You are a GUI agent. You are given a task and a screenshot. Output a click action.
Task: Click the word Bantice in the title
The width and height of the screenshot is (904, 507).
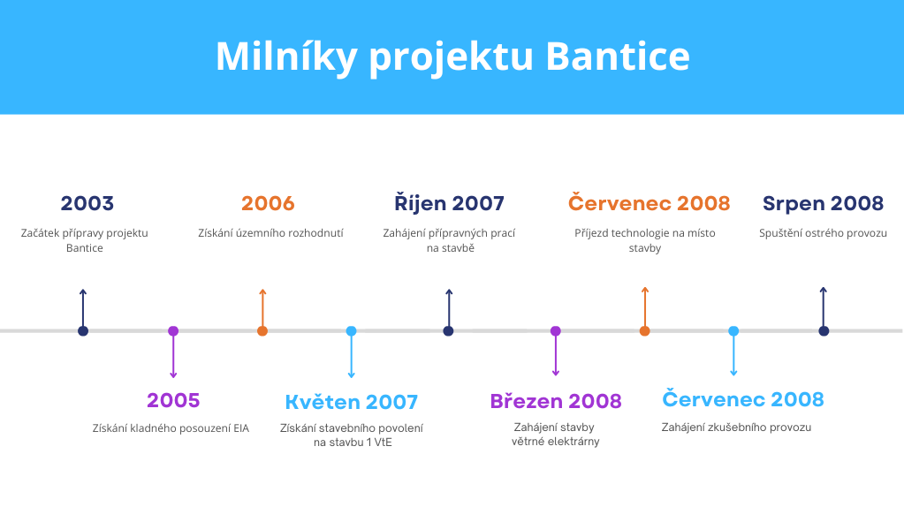pyautogui.click(x=618, y=56)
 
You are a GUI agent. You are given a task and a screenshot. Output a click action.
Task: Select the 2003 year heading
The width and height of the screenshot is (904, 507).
pyautogui.click(x=87, y=203)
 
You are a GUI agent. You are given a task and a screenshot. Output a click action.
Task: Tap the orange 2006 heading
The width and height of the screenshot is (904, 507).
pyautogui.click(x=268, y=203)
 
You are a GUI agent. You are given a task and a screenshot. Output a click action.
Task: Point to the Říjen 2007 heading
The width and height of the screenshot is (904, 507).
pyautogui.click(x=449, y=203)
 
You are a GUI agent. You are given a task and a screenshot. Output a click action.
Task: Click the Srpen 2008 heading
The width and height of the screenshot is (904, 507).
pyautogui.click(x=823, y=203)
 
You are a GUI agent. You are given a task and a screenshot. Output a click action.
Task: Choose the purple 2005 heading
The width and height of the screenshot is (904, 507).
pyautogui.click(x=173, y=400)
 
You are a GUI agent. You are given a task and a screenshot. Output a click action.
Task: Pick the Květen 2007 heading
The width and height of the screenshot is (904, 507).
pyautogui.click(x=351, y=402)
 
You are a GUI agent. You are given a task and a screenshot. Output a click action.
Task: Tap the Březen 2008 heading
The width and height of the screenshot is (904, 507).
pyautogui.click(x=556, y=400)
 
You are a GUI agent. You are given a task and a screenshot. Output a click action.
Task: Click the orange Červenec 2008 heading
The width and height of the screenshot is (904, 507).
pyautogui.click(x=650, y=203)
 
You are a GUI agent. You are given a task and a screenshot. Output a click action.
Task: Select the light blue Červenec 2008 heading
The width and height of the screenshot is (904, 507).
pyautogui.click(x=743, y=398)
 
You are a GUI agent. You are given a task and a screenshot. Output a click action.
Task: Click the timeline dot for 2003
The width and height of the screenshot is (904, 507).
pyautogui.click(x=83, y=330)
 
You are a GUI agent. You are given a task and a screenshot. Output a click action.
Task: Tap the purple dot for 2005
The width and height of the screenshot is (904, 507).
pyautogui.click(x=173, y=330)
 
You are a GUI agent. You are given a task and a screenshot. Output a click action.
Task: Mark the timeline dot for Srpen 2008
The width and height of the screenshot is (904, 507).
pyautogui.click(x=824, y=330)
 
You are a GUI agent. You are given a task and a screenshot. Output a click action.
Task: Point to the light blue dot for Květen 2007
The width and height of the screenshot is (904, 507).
pyautogui.click(x=351, y=330)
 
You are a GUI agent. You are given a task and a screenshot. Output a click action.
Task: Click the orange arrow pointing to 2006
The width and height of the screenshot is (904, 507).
pyautogui.click(x=262, y=307)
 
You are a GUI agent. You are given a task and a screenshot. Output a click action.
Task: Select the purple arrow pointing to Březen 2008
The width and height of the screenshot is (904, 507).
pyautogui.click(x=556, y=355)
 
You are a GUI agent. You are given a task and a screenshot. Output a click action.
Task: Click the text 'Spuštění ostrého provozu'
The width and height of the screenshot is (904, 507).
pyautogui.click(x=823, y=233)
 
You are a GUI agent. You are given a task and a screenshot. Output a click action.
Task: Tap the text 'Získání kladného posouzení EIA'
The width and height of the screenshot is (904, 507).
pyautogui.click(x=171, y=428)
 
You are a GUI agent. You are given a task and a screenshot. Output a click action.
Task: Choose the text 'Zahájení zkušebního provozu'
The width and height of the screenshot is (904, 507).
pyautogui.click(x=736, y=427)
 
